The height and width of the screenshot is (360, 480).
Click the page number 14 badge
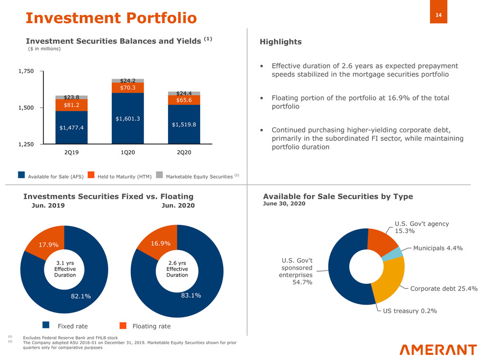pos(438,16)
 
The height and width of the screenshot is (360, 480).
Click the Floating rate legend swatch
pos(123,325)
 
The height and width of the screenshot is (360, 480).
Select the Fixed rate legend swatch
pos(46,325)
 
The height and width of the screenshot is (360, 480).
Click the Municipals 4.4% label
pos(438,248)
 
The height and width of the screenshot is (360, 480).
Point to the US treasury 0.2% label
pos(411,311)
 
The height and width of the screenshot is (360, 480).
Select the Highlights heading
pos(282,42)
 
